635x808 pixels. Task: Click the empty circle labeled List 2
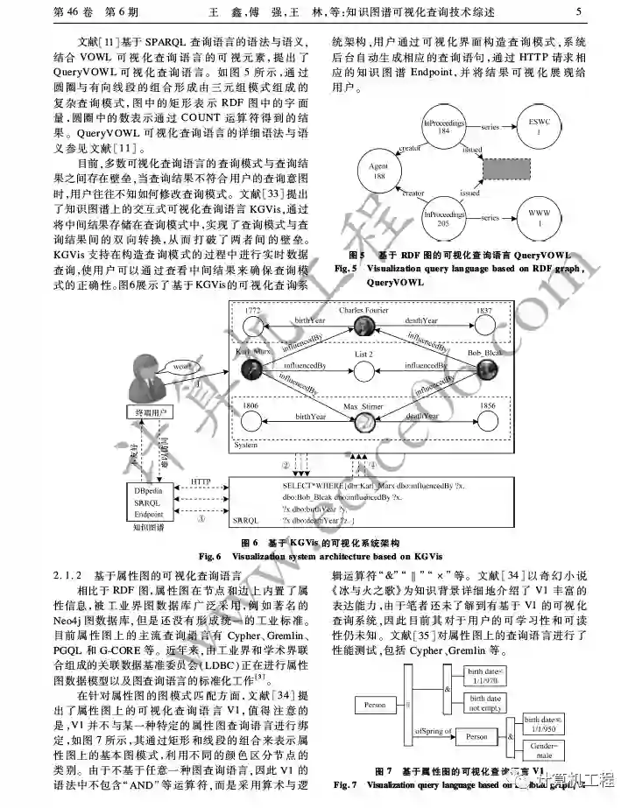[364, 369]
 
